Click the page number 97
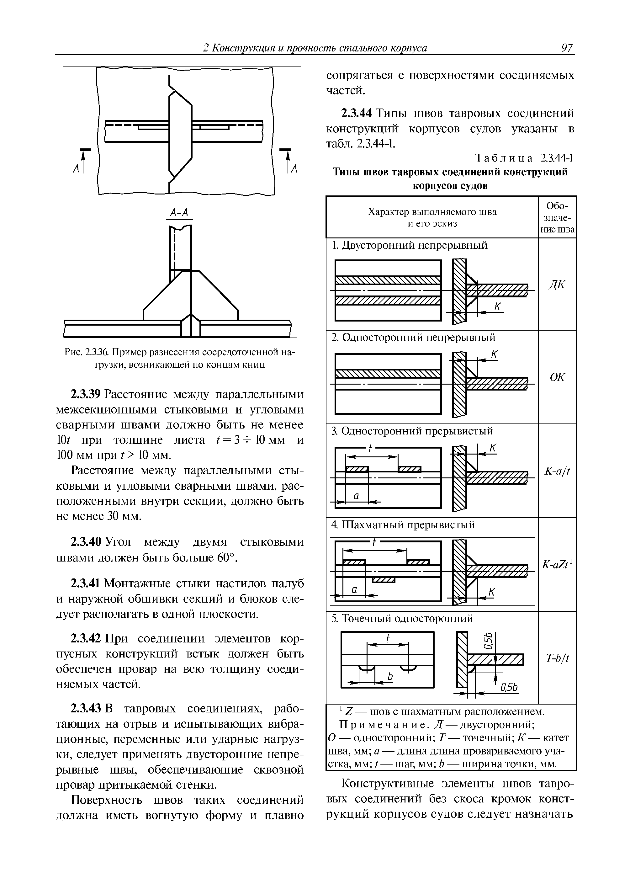[x=566, y=48]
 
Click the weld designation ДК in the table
[x=557, y=285]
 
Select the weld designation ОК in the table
[x=557, y=377]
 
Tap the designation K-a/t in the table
[x=557, y=471]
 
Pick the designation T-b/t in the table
[x=557, y=657]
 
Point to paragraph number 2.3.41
[x=85, y=583]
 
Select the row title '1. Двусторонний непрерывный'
[x=410, y=246]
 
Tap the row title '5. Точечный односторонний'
[x=402, y=619]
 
